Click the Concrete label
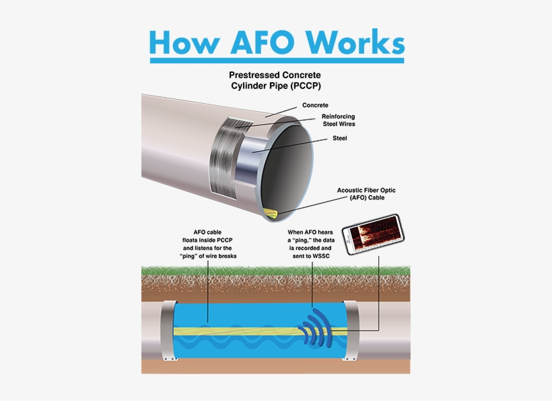tap(315, 105)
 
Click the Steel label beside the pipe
tap(340, 139)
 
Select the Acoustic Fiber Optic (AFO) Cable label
tap(366, 195)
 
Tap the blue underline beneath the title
tap(277, 61)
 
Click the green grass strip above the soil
tap(276, 272)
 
